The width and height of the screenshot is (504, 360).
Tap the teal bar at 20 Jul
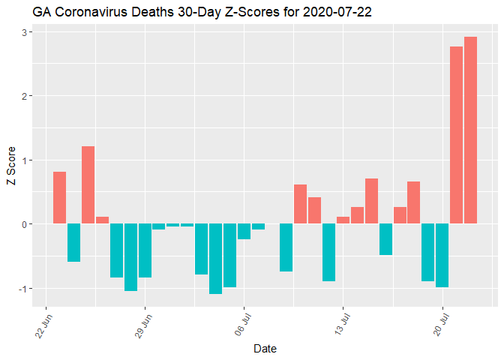[x=442, y=255]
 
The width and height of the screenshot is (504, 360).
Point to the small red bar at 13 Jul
[x=343, y=220]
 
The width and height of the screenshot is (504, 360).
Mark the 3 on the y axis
[x=25, y=32]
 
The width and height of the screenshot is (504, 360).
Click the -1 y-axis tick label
[x=23, y=289]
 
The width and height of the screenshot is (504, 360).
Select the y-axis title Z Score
[x=10, y=166]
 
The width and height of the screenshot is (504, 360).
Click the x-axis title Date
[x=265, y=349]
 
